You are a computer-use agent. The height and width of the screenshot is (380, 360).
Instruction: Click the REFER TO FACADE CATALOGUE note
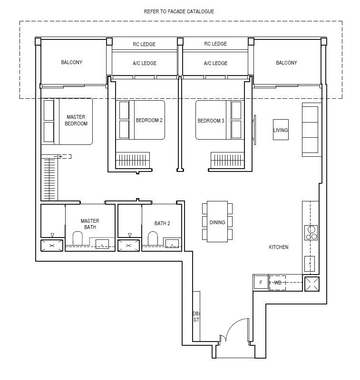click(x=179, y=11)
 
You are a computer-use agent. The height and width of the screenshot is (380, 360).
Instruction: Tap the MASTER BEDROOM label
click(x=77, y=120)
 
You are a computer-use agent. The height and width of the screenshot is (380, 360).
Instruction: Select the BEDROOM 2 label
click(x=149, y=121)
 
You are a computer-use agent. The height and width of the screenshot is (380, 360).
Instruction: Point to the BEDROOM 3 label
click(x=211, y=121)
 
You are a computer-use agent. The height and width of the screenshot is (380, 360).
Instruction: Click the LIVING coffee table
click(x=281, y=130)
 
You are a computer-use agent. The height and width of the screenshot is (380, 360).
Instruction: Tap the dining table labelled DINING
click(x=217, y=222)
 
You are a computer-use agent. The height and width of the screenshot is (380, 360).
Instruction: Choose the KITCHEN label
click(x=279, y=247)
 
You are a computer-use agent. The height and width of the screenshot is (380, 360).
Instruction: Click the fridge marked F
click(x=261, y=283)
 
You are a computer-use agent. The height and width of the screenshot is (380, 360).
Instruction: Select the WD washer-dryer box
click(x=278, y=283)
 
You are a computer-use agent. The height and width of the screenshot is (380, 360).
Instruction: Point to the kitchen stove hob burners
click(x=311, y=233)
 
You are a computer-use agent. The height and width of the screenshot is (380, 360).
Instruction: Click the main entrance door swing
click(x=236, y=331)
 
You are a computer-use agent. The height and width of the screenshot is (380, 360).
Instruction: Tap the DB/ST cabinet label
click(x=196, y=317)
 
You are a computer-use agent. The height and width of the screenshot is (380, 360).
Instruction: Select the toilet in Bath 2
click(x=153, y=238)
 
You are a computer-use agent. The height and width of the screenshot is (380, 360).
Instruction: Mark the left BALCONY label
click(x=72, y=62)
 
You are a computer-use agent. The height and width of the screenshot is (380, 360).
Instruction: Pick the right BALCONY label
click(x=286, y=63)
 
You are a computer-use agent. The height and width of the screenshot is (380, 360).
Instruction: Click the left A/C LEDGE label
click(x=144, y=63)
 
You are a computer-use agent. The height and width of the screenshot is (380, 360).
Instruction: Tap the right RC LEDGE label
click(x=215, y=44)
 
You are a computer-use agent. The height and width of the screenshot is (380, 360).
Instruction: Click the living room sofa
click(x=311, y=129)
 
